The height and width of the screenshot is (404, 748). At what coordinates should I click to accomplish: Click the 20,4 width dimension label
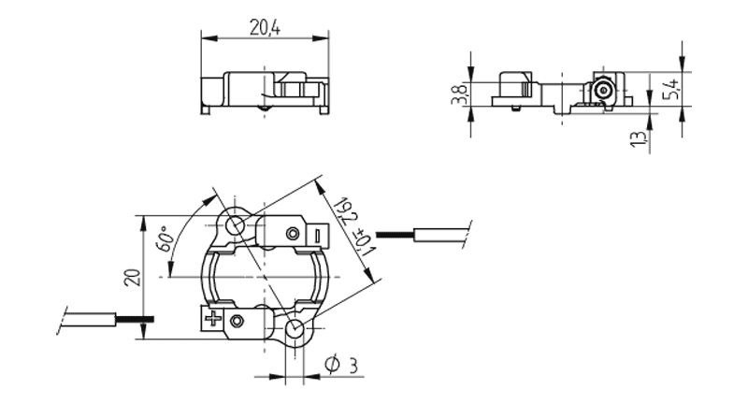point(265,28)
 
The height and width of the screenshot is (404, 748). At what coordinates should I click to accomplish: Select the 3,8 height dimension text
point(459,94)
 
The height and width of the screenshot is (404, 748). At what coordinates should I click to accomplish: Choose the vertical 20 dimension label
point(132,277)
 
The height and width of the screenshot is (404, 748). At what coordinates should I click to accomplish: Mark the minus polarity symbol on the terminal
point(318,235)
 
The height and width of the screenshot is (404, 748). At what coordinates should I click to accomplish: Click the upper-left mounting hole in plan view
point(235,224)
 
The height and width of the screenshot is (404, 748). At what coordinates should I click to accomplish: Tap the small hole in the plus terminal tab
point(237,322)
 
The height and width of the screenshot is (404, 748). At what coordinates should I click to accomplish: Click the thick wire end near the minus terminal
point(392,233)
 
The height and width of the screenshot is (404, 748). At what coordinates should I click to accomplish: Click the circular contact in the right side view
point(603,90)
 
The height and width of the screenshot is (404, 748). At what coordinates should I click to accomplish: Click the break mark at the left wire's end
point(64,317)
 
